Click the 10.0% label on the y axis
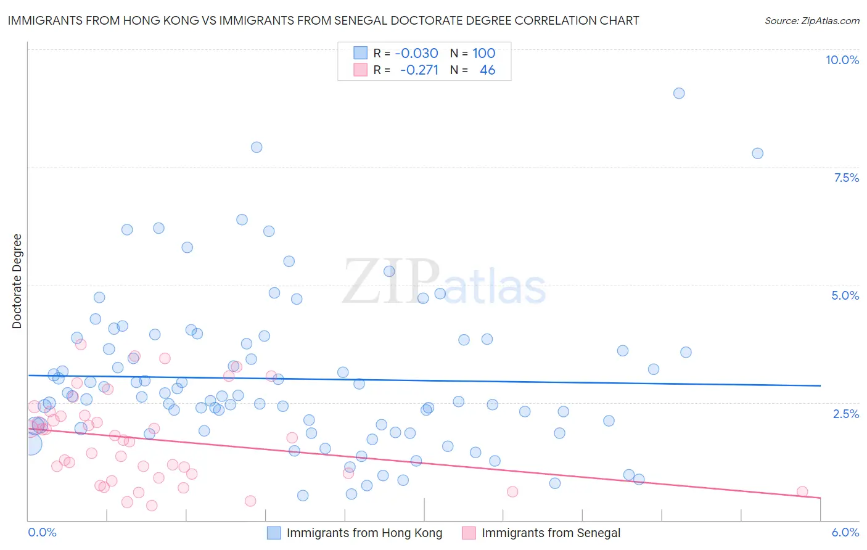[x=842, y=60]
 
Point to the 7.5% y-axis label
[x=846, y=178]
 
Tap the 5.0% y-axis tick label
[x=845, y=295]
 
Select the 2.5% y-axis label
[x=845, y=414]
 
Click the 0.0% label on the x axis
[x=42, y=532]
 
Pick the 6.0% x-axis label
[x=845, y=532]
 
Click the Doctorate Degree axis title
[x=17, y=281]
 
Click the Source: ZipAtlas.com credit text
[x=812, y=20]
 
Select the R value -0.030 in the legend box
[x=416, y=53]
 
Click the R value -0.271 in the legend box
[x=419, y=70]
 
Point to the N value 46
[x=487, y=70]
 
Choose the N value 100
[x=483, y=53]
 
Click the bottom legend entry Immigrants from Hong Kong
[x=364, y=533]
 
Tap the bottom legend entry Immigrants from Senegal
[x=551, y=533]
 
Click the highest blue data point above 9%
[x=679, y=93]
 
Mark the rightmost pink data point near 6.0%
[x=802, y=491]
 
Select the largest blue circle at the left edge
[x=31, y=444]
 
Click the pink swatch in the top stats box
[x=360, y=70]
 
